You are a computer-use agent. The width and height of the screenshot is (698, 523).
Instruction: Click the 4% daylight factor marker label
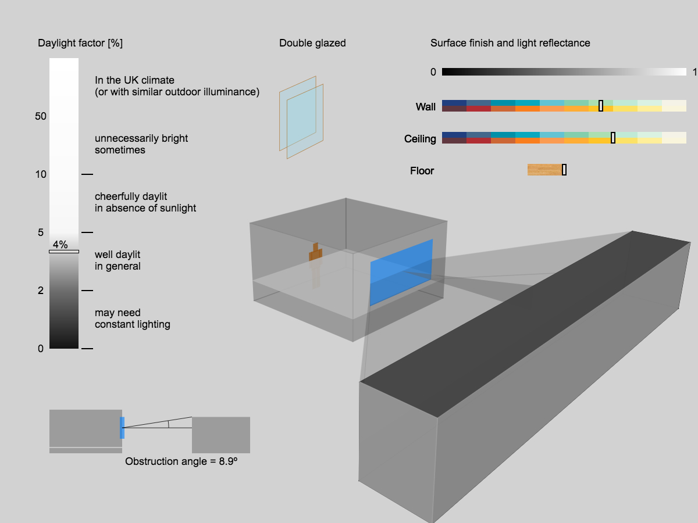(60, 245)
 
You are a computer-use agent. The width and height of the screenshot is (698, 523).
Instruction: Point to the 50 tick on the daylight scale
(41, 116)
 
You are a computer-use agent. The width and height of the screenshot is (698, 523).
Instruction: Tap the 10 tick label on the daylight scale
(41, 174)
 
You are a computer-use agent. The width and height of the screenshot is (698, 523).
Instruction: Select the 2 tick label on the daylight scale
(41, 291)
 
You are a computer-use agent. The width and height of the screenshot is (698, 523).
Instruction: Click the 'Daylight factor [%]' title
(80, 43)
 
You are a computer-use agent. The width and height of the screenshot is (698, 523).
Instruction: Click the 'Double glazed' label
(312, 43)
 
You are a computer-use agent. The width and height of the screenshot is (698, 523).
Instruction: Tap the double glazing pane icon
(301, 117)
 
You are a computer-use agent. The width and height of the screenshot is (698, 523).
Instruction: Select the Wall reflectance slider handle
(601, 106)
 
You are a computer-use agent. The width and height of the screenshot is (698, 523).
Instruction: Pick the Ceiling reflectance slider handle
(613, 138)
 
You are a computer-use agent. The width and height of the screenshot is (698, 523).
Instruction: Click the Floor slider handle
(564, 170)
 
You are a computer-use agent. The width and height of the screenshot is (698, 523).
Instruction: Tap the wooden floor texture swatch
(544, 170)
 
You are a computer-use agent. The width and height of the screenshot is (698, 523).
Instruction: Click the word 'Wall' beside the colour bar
(426, 107)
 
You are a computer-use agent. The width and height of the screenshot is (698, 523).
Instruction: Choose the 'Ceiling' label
(420, 139)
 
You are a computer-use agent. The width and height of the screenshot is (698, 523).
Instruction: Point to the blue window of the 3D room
(401, 272)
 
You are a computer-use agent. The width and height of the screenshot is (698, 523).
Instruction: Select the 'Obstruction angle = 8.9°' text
(181, 461)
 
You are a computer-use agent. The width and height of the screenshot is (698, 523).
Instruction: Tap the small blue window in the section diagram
(122, 428)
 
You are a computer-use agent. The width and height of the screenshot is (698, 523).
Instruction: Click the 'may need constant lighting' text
(133, 318)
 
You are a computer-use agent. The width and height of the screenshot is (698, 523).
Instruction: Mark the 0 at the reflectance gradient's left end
(433, 73)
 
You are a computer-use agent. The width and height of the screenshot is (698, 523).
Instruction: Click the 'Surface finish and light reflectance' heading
(510, 43)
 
